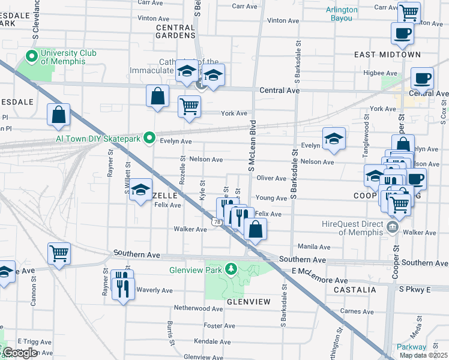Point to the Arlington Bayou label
point(342,14)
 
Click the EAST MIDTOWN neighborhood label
point(387,55)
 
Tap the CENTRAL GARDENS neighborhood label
point(176,31)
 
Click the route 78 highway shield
point(215,221)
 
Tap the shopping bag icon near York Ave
point(157,96)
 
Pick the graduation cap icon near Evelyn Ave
point(334,139)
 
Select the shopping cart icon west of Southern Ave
point(59,254)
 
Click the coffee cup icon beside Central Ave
point(421,78)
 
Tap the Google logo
point(19,353)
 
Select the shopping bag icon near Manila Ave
point(255,229)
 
